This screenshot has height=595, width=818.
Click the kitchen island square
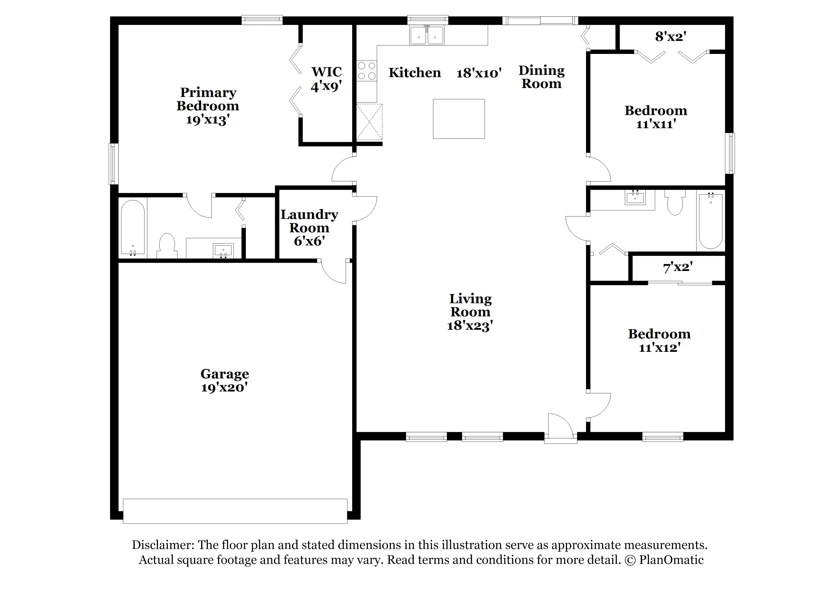pyautogui.click(x=459, y=119)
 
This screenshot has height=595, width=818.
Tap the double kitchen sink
pyautogui.click(x=427, y=36)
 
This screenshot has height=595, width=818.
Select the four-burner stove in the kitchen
pyautogui.click(x=366, y=71)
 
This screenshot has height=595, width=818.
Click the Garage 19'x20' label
pyautogui.click(x=225, y=380)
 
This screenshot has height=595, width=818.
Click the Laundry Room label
pyautogui.click(x=309, y=221)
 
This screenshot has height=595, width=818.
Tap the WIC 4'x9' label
pyautogui.click(x=326, y=79)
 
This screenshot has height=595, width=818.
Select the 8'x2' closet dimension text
pyautogui.click(x=670, y=37)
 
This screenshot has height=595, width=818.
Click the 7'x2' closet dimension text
pyautogui.click(x=678, y=267)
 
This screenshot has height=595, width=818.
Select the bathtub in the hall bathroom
pyautogui.click(x=710, y=221)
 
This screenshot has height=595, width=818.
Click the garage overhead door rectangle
pyautogui.click(x=235, y=511)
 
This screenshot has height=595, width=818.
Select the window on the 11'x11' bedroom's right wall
pyautogui.click(x=730, y=153)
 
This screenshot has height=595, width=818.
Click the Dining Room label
pyautogui.click(x=541, y=77)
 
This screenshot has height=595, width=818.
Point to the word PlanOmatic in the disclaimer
pyautogui.click(x=671, y=560)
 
